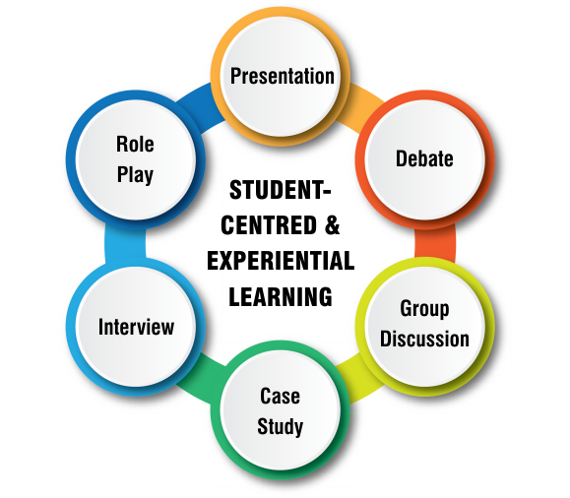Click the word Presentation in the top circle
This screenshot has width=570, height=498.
(283, 76)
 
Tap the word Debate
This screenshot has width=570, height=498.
(424, 158)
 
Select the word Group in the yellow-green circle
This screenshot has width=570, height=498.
(424, 309)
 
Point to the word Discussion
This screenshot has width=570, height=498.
(424, 339)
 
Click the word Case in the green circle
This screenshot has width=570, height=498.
(280, 396)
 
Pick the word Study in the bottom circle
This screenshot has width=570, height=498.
(280, 426)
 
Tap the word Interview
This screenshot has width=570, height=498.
(136, 327)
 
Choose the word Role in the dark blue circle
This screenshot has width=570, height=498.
(135, 144)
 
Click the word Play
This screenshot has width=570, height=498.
(135, 175)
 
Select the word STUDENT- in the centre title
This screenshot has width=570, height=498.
(281, 190)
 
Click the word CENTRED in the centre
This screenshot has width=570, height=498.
(269, 225)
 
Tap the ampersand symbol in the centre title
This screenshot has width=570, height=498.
(333, 225)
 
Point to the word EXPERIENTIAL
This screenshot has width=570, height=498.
(281, 261)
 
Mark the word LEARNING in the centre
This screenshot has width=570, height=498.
(281, 296)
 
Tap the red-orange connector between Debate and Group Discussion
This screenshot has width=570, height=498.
(435, 243)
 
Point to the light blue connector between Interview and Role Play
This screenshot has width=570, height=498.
(125, 243)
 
